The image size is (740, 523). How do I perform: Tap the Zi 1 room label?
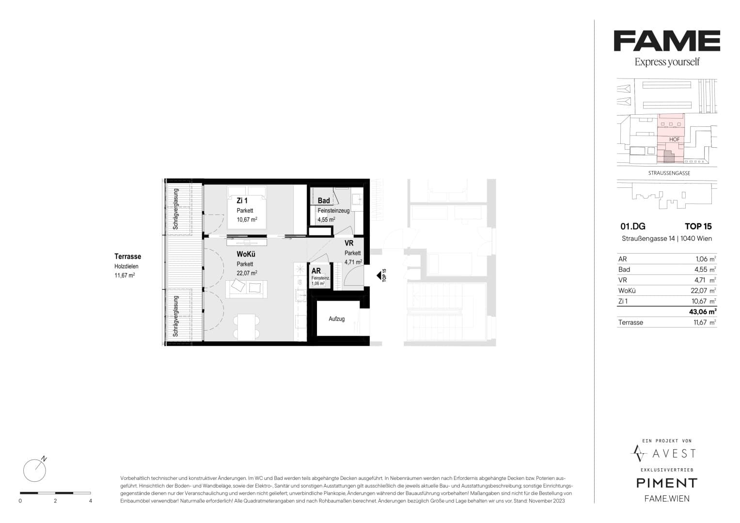[242, 200]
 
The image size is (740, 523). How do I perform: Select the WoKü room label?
[246, 254]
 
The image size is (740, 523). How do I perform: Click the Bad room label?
[324, 200]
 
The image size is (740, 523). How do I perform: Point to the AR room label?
[316, 271]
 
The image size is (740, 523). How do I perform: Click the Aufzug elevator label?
[337, 319]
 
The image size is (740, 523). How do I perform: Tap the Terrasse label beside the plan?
[128, 256]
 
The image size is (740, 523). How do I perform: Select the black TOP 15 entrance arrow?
[378, 276]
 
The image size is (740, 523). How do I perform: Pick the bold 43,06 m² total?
[703, 312]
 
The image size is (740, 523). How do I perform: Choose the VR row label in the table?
[623, 280]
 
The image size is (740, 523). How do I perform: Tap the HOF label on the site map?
[674, 139]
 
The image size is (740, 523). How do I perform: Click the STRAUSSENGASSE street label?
[669, 173]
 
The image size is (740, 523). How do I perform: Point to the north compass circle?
[34, 471]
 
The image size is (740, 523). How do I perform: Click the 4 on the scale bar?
[91, 501]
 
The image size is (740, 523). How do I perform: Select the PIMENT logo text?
[667, 483]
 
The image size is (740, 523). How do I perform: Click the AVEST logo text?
[674, 454]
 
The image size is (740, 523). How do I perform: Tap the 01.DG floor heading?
[632, 227]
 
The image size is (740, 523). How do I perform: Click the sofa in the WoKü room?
[247, 289]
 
